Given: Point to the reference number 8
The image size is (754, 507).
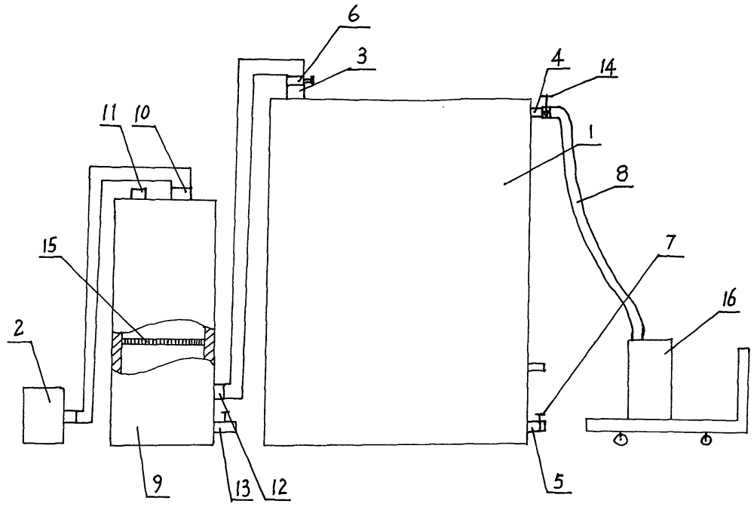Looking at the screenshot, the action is (x=622, y=174).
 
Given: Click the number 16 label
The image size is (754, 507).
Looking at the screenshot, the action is (x=728, y=300).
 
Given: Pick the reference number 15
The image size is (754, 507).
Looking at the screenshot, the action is (x=49, y=245).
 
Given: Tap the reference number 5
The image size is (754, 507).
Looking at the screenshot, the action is (x=559, y=481).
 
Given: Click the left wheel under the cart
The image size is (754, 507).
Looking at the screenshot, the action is (x=621, y=439).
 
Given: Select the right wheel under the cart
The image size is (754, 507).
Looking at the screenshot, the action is (x=706, y=438).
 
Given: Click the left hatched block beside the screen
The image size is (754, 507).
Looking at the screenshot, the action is (x=117, y=350).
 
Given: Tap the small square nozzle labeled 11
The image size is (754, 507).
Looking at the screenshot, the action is (x=139, y=194).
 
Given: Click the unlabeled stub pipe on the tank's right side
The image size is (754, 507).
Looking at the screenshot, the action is (x=537, y=367).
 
